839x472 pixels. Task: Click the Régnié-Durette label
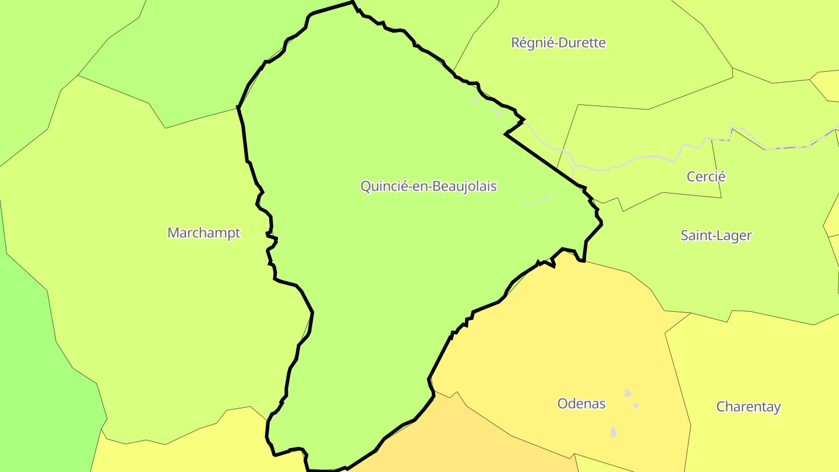(558, 43)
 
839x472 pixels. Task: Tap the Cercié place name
(706, 177)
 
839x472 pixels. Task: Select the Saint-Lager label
(716, 235)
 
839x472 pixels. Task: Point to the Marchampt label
(203, 233)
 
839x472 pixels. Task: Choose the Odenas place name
(581, 403)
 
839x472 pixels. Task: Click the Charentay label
(748, 407)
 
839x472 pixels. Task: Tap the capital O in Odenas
(563, 403)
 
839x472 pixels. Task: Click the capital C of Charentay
(721, 407)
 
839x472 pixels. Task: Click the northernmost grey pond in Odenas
(628, 393)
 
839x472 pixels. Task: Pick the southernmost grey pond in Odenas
(614, 432)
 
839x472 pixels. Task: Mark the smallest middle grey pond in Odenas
(636, 406)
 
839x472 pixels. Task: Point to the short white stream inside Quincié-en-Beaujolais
(537, 200)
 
